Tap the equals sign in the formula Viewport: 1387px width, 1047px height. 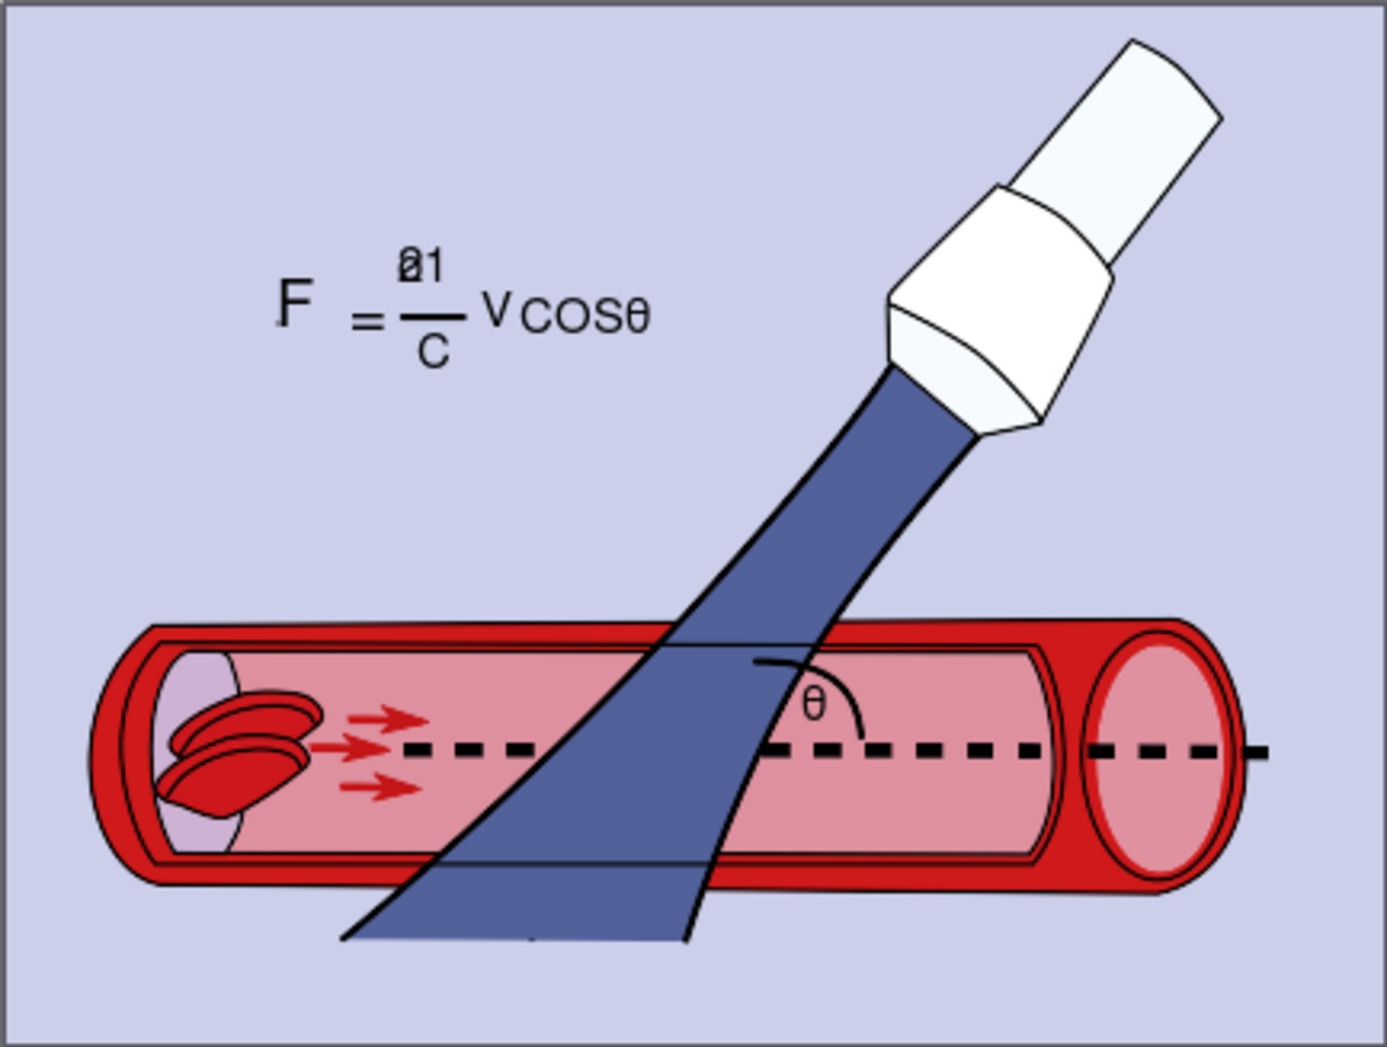tap(367, 322)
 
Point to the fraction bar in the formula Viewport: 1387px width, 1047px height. tap(433, 317)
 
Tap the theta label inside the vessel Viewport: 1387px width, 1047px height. tap(814, 704)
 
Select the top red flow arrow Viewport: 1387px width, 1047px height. tap(389, 719)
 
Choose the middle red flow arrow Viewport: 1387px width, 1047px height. tap(351, 748)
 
